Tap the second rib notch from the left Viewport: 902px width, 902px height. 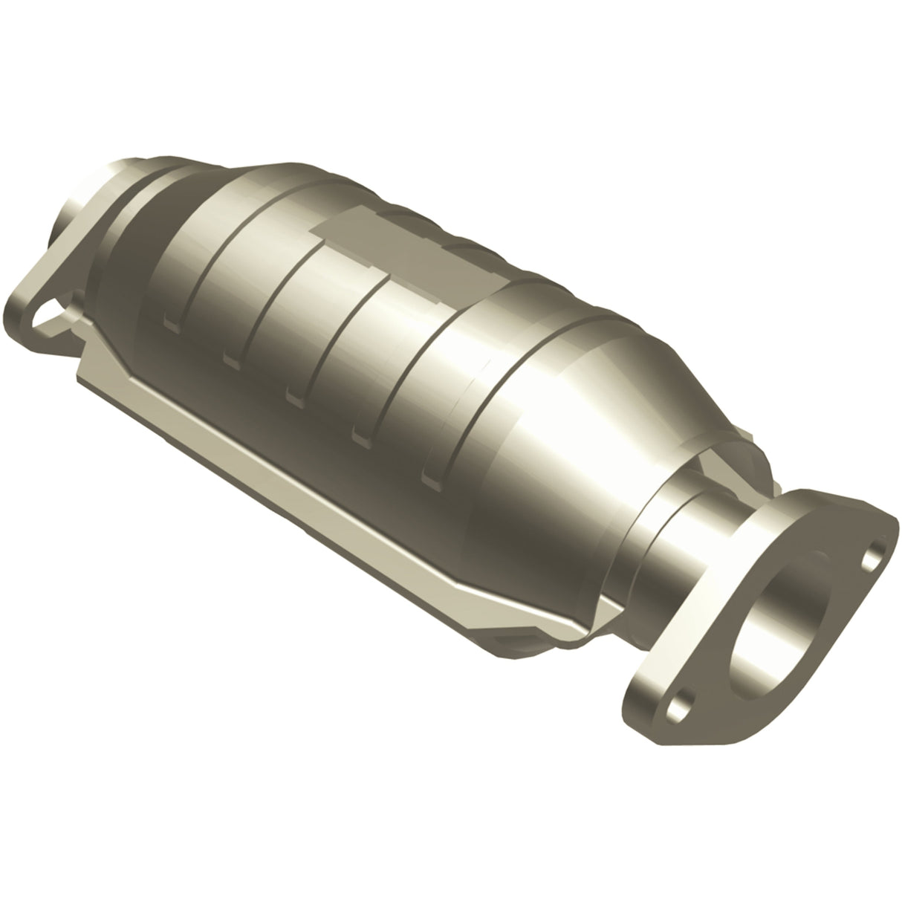click(x=230, y=360)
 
